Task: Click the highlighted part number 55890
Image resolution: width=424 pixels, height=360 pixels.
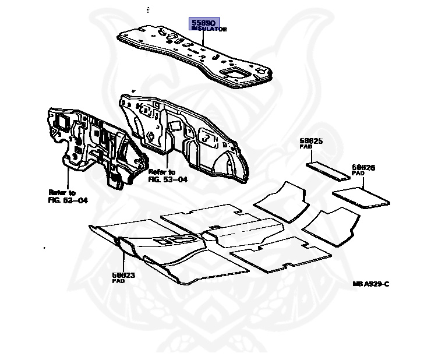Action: coord(203,23)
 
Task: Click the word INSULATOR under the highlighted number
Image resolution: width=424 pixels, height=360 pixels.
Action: coord(209,29)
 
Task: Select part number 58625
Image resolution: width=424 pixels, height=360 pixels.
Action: coord(311,142)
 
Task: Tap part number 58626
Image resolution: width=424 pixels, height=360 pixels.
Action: coord(363,167)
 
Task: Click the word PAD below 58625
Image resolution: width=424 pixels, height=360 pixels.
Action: coord(306,147)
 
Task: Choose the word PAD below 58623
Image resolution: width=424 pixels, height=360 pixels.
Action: coord(118,280)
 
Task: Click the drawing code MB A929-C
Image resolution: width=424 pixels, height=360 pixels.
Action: coord(370,284)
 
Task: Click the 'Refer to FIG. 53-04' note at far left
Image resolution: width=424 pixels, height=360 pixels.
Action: coord(68,196)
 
